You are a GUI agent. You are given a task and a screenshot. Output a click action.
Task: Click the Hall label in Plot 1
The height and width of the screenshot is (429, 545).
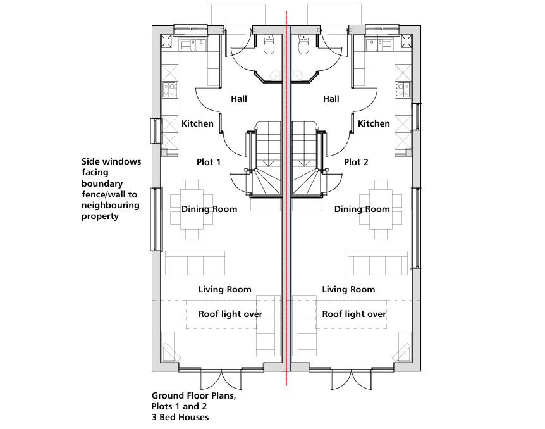[239, 99]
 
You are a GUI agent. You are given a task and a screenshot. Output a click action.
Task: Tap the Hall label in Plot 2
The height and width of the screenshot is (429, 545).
[331, 99]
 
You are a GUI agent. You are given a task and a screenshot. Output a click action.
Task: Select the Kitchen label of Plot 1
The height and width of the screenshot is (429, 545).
[197, 123]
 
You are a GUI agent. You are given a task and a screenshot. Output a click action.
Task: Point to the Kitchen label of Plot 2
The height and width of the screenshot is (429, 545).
[374, 123]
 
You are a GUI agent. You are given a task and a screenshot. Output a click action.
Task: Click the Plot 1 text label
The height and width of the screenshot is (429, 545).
[209, 162]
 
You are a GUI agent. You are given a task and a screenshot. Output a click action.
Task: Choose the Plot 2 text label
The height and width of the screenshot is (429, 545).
[356, 162]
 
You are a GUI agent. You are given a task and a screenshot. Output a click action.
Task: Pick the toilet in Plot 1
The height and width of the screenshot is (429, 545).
[268, 45]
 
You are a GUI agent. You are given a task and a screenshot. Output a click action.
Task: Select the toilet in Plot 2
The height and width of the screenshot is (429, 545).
[303, 45]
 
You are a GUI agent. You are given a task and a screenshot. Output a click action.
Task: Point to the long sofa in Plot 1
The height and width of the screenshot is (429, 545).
[195, 263]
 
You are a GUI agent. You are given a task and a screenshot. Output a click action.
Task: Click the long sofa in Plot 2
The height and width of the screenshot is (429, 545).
[377, 263]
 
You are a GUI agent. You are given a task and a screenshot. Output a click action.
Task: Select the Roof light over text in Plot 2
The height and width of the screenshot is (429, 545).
[354, 314]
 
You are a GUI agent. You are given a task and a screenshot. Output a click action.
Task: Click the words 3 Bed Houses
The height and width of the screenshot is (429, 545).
[180, 418]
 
